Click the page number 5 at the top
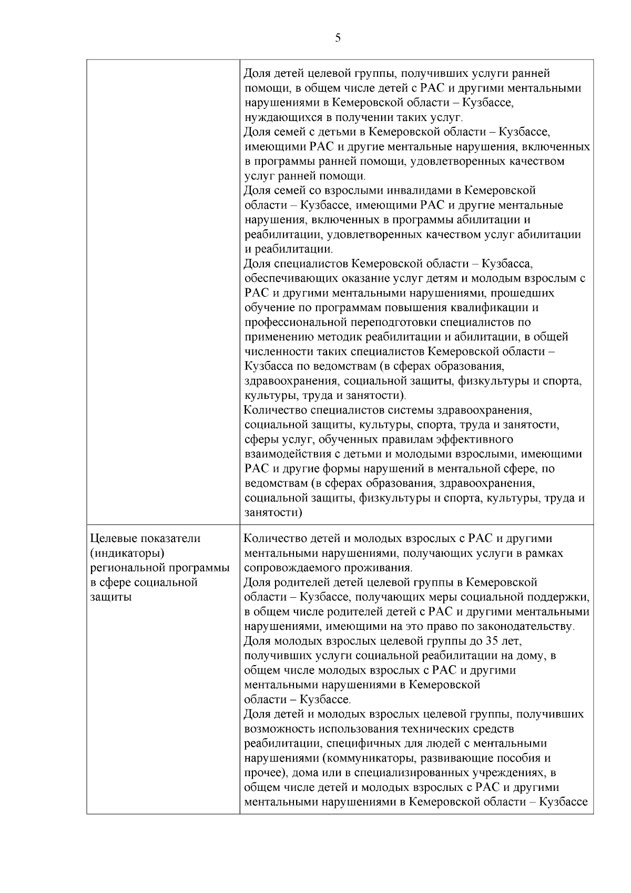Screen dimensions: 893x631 (x=338, y=38)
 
